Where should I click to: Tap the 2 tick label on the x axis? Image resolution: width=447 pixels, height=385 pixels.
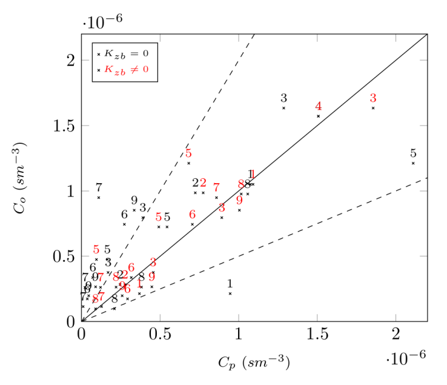pos(396,334)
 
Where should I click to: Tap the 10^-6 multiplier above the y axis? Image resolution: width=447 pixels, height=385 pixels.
pos(103,21)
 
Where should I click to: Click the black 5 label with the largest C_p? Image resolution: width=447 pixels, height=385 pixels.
pos(413,153)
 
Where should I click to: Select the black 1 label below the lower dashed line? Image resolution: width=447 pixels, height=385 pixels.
pos(230,284)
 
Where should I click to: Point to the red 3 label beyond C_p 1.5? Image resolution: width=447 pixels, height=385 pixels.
pos(373,98)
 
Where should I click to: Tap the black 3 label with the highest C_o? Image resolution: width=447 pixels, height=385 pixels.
pos(283,98)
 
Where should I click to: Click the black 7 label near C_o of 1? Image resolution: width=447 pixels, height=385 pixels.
pos(99,188)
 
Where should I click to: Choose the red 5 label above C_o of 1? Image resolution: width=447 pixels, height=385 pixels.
pos(188,153)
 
